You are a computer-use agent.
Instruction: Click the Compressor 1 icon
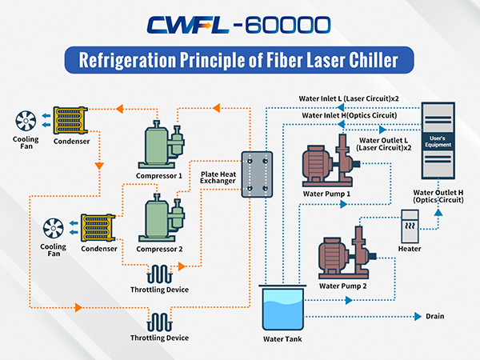click(162, 145)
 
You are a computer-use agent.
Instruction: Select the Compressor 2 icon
click(162, 218)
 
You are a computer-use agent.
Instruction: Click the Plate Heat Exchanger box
click(257, 174)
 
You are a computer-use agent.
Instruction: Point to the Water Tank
click(282, 307)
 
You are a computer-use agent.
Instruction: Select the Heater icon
click(410, 226)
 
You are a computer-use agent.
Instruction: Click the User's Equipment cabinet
click(438, 141)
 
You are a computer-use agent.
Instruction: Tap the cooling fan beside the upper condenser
click(26, 121)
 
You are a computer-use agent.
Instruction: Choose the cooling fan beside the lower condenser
click(54, 228)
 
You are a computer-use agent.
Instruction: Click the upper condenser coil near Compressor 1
click(70, 120)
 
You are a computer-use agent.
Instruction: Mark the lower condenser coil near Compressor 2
click(98, 228)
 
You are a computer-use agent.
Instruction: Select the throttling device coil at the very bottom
click(159, 322)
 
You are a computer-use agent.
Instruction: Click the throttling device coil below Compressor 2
click(159, 274)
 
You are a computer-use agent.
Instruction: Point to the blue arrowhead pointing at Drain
click(418, 317)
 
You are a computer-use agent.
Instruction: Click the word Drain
click(434, 316)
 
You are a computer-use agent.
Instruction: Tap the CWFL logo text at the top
click(188, 25)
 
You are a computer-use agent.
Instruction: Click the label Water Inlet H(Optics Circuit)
click(350, 115)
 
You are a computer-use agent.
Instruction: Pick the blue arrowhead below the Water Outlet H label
click(438, 213)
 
